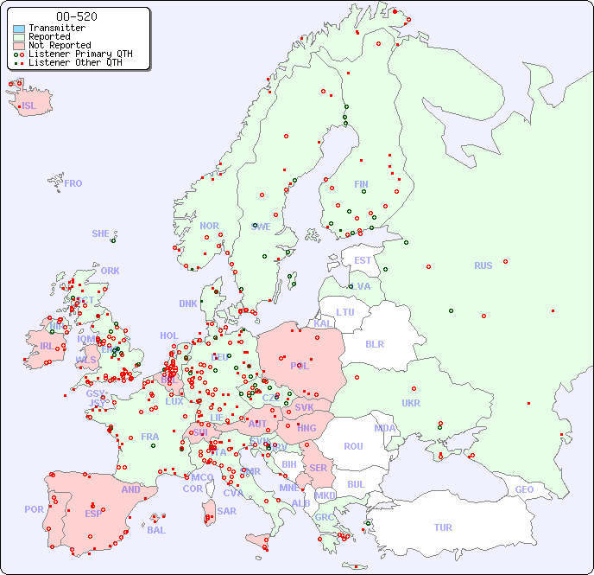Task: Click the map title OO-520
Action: click(x=76, y=16)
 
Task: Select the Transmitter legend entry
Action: click(x=56, y=28)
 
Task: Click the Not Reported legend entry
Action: click(x=59, y=45)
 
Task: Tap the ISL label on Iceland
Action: click(x=29, y=106)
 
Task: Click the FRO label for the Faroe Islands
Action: click(x=73, y=183)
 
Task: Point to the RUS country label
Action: click(x=483, y=265)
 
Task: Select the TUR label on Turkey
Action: click(x=443, y=527)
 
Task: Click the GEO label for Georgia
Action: click(x=524, y=489)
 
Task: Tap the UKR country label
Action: click(x=411, y=403)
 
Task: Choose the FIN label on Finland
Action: click(x=361, y=184)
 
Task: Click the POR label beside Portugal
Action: click(x=34, y=509)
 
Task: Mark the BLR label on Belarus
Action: click(x=374, y=343)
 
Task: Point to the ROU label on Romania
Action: click(x=353, y=446)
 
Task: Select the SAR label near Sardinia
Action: click(x=227, y=511)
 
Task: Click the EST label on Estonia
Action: click(x=363, y=260)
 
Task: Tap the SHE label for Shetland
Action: click(x=100, y=233)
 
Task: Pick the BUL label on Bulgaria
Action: click(x=356, y=484)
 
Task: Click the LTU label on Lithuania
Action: click(x=345, y=312)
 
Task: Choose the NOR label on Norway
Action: click(x=209, y=226)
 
